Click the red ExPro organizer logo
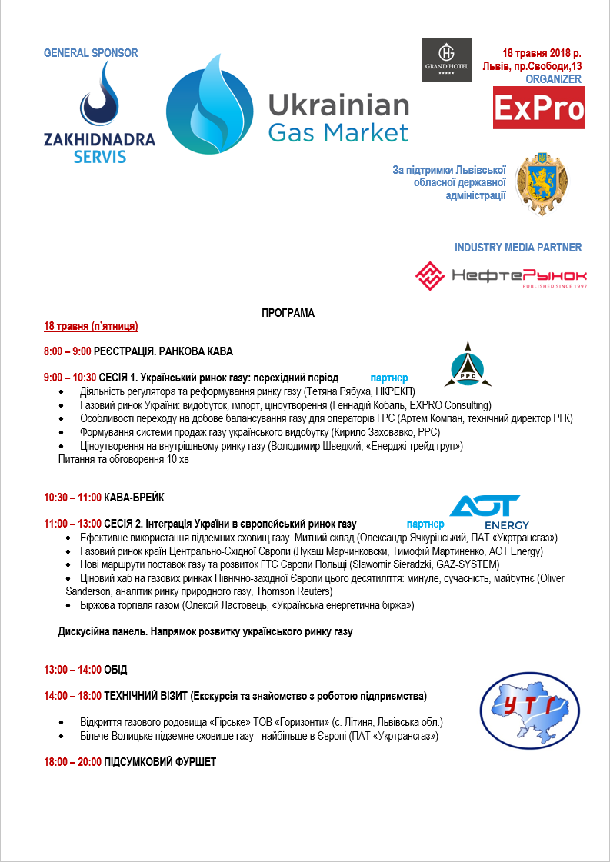[x=538, y=108]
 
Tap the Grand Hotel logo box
[x=447, y=60]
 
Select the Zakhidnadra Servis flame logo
[x=99, y=96]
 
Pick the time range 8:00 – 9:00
[x=68, y=351]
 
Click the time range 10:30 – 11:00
[x=72, y=498]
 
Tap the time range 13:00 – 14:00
[x=72, y=670]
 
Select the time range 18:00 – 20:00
[x=72, y=762]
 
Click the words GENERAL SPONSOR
[x=91, y=53]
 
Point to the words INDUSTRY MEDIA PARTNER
[x=518, y=248]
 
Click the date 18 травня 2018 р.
[x=542, y=53]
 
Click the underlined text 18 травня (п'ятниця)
[x=91, y=327]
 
